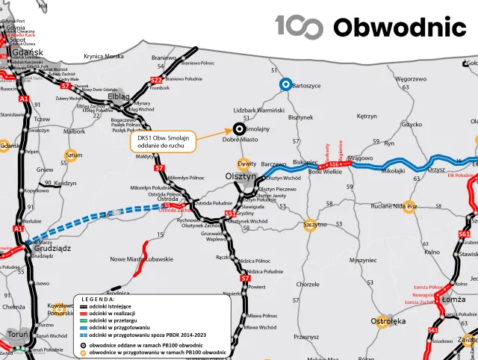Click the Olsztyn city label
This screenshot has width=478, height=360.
(240, 176)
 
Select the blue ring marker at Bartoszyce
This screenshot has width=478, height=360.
(285, 84)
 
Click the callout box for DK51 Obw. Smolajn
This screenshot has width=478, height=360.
(162, 142)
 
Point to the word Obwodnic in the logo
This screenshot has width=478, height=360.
(400, 28)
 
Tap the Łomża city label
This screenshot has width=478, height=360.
(453, 300)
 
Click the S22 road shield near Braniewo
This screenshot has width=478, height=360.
(155, 80)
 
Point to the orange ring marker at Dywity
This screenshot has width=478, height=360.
(241, 164)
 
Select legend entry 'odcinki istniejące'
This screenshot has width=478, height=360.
(111, 306)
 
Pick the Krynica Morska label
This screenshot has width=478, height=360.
(104, 57)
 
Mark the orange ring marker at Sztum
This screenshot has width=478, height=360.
(72, 156)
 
